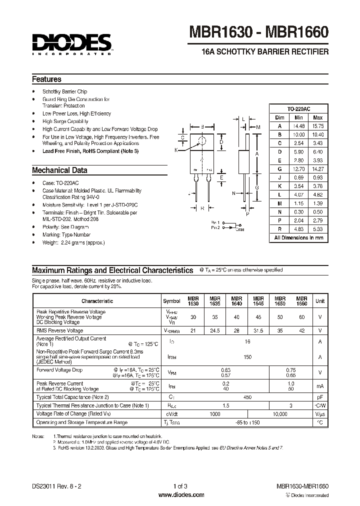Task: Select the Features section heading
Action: [x=46, y=79]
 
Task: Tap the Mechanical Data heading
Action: [x=59, y=170]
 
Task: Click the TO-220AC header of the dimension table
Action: [x=299, y=108]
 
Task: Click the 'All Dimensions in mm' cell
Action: [x=299, y=238]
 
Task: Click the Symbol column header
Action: [x=171, y=301]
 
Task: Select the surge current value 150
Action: [x=247, y=357]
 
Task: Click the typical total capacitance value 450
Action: [x=247, y=396]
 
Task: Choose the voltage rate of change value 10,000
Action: [x=280, y=414]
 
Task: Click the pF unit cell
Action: [x=320, y=396]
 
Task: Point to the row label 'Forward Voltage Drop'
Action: [x=59, y=370]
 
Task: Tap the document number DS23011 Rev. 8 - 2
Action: [x=57, y=486]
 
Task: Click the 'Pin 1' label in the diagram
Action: [x=214, y=221]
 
